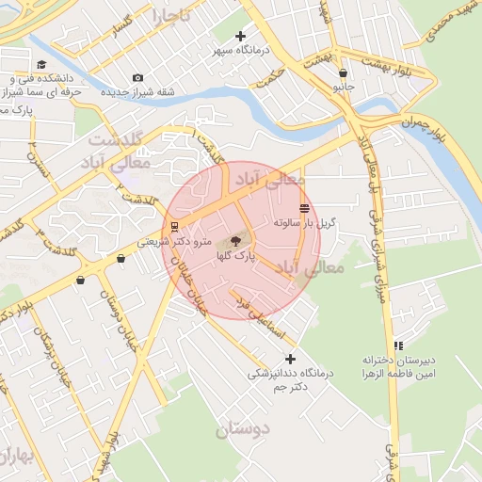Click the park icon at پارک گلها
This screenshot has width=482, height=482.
click(235, 241)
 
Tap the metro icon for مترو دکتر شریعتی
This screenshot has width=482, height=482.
click(175, 227)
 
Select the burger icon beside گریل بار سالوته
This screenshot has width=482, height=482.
click(303, 208)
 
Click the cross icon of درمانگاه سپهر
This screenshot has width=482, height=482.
click(241, 36)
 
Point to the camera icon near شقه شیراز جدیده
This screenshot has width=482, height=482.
click(138, 77)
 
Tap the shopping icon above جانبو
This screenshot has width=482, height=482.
click(342, 72)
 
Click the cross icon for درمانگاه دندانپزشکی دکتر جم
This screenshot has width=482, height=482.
click(290, 359)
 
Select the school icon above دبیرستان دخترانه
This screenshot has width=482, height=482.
click(399, 345)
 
